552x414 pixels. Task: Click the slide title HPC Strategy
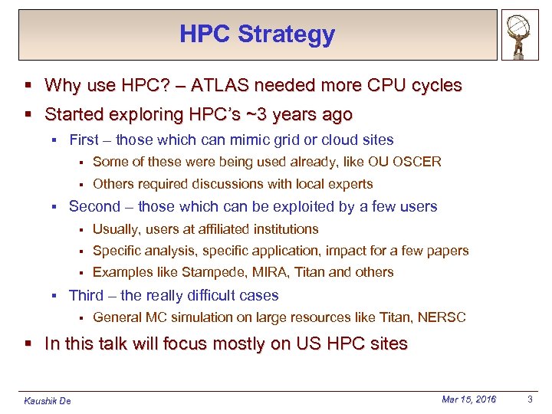257,34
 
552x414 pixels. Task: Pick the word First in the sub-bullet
84,140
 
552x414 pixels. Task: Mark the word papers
448,251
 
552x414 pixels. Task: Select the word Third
86,295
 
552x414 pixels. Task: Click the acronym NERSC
440,317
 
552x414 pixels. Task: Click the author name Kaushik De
48,400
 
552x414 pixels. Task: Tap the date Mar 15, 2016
468,399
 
